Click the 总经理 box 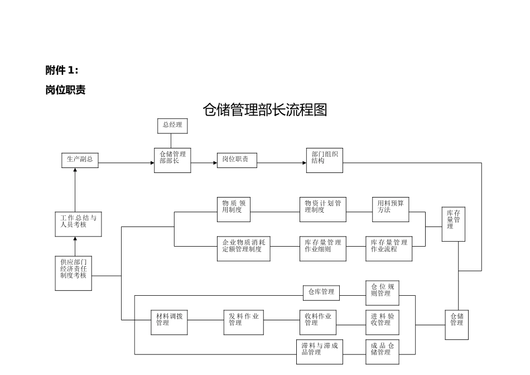(x=172, y=126)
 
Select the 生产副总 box (x=80, y=160)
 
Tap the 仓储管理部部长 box (x=172, y=160)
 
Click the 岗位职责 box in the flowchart (x=237, y=160)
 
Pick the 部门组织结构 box (x=324, y=160)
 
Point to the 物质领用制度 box (x=233, y=209)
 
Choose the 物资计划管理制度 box (x=322, y=209)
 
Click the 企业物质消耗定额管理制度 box (x=244, y=249)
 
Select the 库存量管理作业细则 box (x=322, y=249)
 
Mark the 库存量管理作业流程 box (x=389, y=249)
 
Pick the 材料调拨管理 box (x=169, y=323)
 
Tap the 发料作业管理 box (x=243, y=323)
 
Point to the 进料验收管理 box (x=382, y=323)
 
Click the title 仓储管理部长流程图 (x=264, y=110)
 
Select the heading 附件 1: (x=62, y=70)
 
